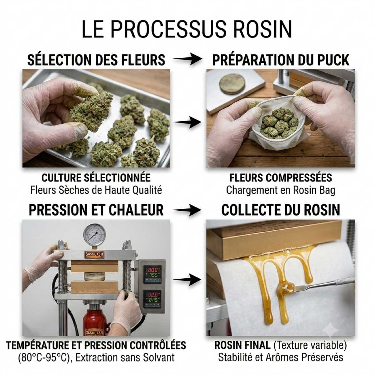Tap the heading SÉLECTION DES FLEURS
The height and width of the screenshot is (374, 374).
pyautogui.click(x=96, y=60)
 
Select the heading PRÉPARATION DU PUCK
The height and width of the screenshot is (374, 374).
pyautogui.click(x=280, y=60)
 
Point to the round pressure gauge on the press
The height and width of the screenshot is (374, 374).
pyautogui.click(x=95, y=235)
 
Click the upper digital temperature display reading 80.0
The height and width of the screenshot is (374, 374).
pyautogui.click(x=152, y=270)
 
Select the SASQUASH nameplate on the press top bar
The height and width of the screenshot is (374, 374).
pyautogui.click(x=95, y=254)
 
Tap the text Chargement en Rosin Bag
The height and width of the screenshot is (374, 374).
pyautogui.click(x=280, y=190)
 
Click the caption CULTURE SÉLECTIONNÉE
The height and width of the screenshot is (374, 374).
pyautogui.click(x=96, y=178)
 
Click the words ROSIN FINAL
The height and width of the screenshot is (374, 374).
pyautogui.click(x=242, y=345)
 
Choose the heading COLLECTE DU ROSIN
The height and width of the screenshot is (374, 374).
pyautogui.click(x=280, y=210)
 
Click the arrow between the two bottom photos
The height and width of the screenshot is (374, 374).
pyautogui.click(x=187, y=280)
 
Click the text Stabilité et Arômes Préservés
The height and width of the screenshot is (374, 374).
pyautogui.click(x=280, y=357)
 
